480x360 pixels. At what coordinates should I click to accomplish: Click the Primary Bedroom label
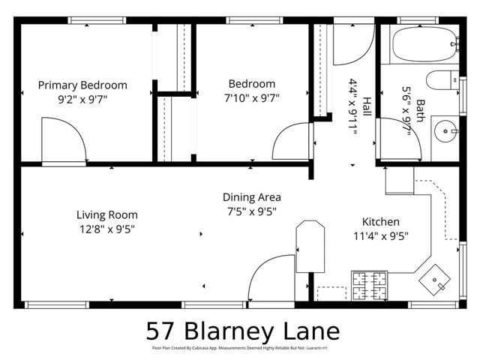coord(82,85)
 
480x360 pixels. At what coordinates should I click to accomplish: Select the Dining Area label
coord(252,197)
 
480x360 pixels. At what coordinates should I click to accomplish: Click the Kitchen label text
coord(381,222)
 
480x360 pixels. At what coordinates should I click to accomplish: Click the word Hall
coord(367,108)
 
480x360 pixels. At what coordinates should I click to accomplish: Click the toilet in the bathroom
coord(443,79)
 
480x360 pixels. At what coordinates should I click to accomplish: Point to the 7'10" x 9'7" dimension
coord(251,97)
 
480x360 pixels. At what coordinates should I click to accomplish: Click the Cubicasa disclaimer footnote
coord(240,348)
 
